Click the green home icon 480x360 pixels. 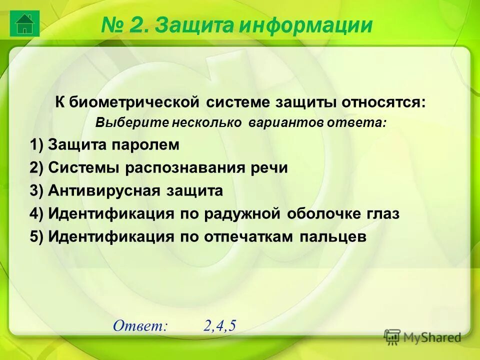point(24,23)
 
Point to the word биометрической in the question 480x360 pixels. point(134,103)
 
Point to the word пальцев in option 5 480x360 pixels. point(333,237)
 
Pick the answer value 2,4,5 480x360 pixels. point(219,325)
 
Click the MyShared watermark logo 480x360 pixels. point(422,337)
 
